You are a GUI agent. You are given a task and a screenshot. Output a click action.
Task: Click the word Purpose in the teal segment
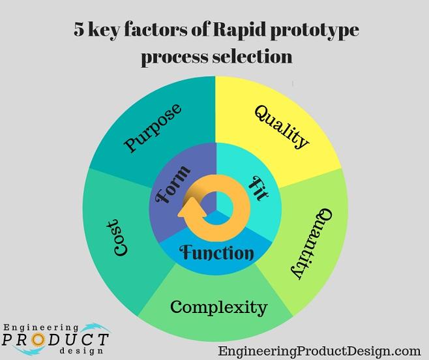click(153, 127)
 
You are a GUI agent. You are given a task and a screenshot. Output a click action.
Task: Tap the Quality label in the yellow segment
click(282, 127)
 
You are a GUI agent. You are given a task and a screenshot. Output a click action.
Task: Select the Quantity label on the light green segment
click(312, 244)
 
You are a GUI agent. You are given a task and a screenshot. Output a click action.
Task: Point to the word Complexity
click(218, 307)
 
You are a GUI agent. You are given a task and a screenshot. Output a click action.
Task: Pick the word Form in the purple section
click(172, 185)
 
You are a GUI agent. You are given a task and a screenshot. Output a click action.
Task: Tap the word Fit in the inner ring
click(258, 188)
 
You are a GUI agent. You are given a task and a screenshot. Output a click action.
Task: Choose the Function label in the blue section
click(217, 252)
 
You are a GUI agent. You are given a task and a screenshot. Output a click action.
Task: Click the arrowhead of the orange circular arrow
click(192, 209)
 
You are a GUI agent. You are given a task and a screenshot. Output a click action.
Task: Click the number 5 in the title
click(79, 29)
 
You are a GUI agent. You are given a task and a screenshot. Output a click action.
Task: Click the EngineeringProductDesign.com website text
click(319, 351)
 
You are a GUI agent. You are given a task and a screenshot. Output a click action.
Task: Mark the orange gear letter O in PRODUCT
click(38, 340)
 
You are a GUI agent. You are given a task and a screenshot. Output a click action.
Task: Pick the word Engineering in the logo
click(41, 327)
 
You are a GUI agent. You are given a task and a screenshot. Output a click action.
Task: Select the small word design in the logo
click(81, 351)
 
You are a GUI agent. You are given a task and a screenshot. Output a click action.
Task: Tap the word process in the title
click(174, 57)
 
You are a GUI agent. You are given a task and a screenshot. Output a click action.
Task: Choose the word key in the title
click(104, 30)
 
